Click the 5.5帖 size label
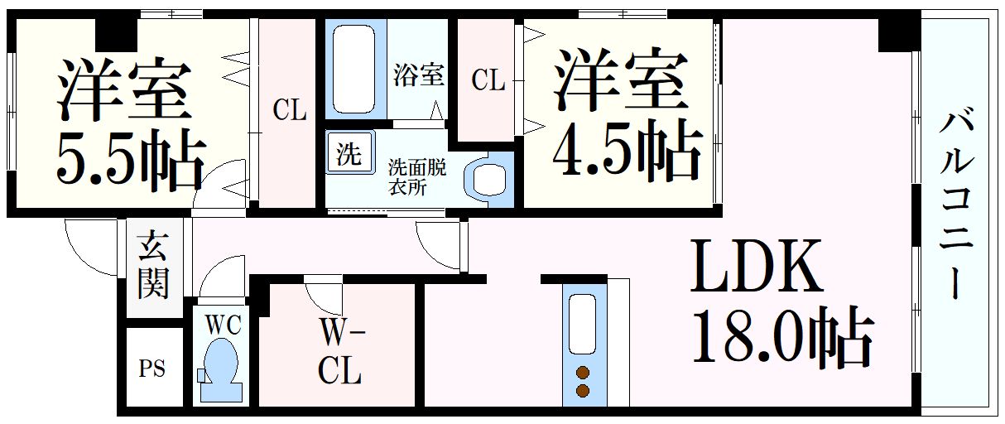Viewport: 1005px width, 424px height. point(129,160)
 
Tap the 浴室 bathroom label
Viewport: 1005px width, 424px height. point(418,75)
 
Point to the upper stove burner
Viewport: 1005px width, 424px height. point(584,372)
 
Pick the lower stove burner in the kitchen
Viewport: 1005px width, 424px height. point(584,390)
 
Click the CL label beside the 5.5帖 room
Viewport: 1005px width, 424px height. point(290,110)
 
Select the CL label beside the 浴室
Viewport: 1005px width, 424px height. point(488,80)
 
